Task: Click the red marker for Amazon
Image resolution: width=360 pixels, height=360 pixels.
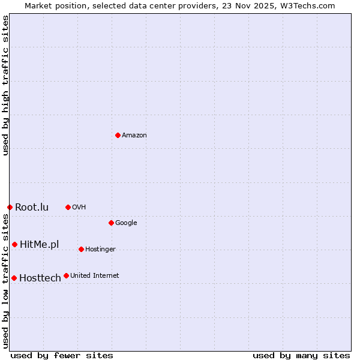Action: click(x=118, y=135)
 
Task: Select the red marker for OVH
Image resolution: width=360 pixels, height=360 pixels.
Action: click(x=68, y=207)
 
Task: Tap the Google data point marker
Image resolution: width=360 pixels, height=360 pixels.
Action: click(x=111, y=223)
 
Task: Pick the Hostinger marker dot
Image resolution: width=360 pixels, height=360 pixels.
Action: click(x=81, y=249)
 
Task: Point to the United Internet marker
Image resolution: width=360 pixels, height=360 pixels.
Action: click(x=66, y=275)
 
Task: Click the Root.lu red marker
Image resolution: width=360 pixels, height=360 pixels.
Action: click(x=10, y=207)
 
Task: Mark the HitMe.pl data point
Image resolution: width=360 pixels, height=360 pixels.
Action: click(x=14, y=244)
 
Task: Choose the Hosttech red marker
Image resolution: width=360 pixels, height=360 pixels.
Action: click(x=14, y=278)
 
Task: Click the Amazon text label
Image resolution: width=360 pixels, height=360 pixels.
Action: click(x=134, y=135)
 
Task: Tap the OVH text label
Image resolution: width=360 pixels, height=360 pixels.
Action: click(x=79, y=207)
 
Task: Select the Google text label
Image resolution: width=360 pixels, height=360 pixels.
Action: click(x=126, y=223)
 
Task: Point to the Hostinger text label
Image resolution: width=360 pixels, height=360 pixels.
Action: click(x=100, y=249)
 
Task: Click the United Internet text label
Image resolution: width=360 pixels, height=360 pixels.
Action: click(x=94, y=275)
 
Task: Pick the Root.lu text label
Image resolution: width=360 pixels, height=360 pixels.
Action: click(x=32, y=207)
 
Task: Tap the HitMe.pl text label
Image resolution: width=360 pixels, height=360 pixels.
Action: click(x=40, y=244)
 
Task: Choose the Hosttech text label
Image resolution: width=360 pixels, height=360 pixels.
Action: click(x=40, y=278)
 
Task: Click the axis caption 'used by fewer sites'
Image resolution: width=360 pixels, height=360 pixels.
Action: click(x=62, y=355)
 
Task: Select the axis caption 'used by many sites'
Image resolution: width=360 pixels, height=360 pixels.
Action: click(x=301, y=355)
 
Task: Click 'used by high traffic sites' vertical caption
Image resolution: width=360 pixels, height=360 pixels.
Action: click(x=5, y=85)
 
